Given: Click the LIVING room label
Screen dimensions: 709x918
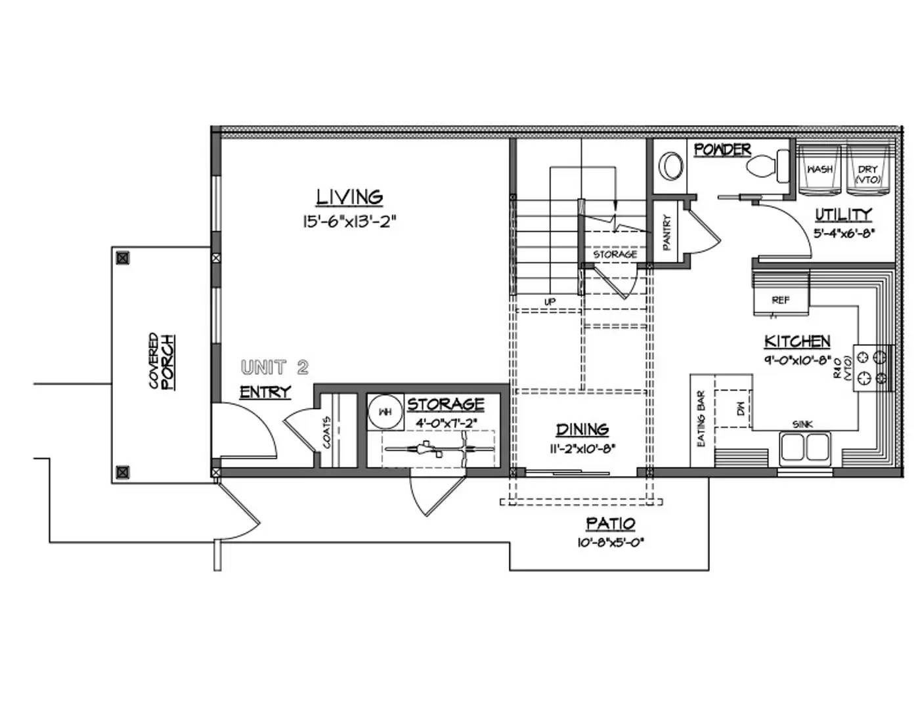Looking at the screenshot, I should click(349, 197).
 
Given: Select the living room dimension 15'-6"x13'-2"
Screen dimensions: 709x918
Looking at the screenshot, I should click(349, 221).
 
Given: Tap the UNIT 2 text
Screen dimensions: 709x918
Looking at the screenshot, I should click(274, 367).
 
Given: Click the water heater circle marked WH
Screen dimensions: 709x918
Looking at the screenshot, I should click(385, 412).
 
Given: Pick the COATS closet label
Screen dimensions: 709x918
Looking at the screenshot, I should click(327, 433).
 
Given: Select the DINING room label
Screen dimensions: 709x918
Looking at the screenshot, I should click(582, 429).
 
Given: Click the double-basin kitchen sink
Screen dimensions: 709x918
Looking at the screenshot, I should click(804, 448).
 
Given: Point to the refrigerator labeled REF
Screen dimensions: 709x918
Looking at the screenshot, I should click(780, 300).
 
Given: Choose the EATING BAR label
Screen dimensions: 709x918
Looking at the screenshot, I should click(701, 419).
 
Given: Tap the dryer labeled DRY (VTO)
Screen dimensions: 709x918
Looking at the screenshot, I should click(867, 173).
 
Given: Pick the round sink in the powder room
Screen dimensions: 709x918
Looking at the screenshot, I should click(671, 166).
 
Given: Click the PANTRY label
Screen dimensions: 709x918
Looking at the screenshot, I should click(667, 233).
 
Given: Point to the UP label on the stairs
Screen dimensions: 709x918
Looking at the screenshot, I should click(550, 301).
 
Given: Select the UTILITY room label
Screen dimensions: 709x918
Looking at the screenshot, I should click(843, 214).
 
